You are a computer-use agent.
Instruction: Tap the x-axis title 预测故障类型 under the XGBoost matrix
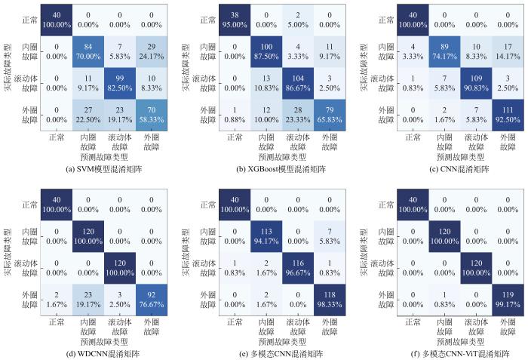[266, 157]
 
